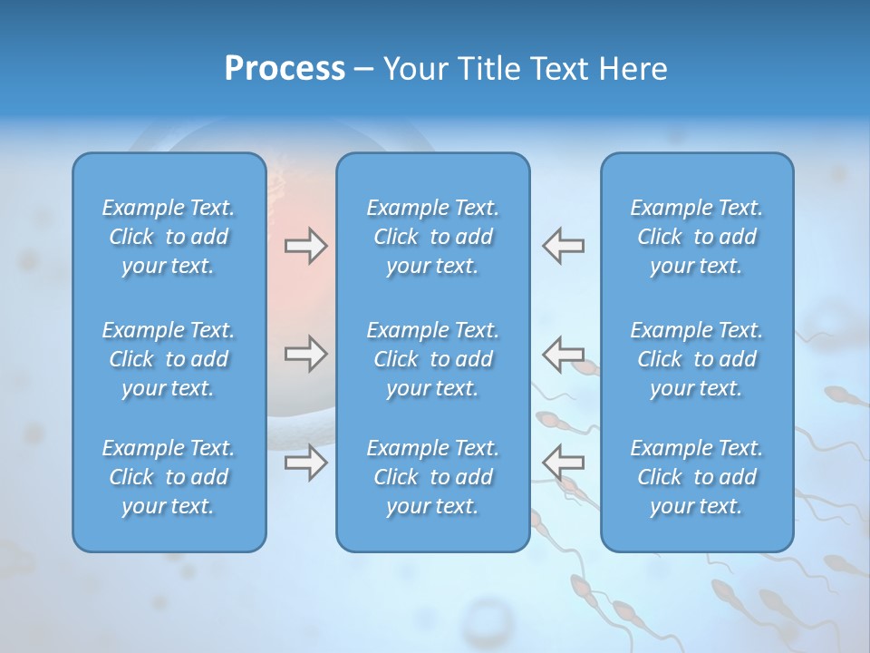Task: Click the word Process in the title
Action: tap(285, 69)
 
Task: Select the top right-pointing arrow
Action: tap(305, 246)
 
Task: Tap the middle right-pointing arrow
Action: tap(305, 353)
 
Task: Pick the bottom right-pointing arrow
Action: tap(305, 462)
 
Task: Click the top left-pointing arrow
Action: tap(563, 246)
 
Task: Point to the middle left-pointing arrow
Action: tap(563, 353)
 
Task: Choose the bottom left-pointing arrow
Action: tap(563, 462)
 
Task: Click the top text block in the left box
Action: tap(169, 237)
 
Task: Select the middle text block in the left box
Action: tap(169, 359)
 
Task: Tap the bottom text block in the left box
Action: tap(169, 477)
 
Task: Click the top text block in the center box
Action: tap(432, 237)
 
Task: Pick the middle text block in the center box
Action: tap(432, 359)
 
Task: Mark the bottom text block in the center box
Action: tap(432, 477)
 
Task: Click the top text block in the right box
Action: tap(696, 237)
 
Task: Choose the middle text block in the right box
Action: tap(696, 359)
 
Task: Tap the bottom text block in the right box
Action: tap(696, 477)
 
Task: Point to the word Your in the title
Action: tap(415, 69)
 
